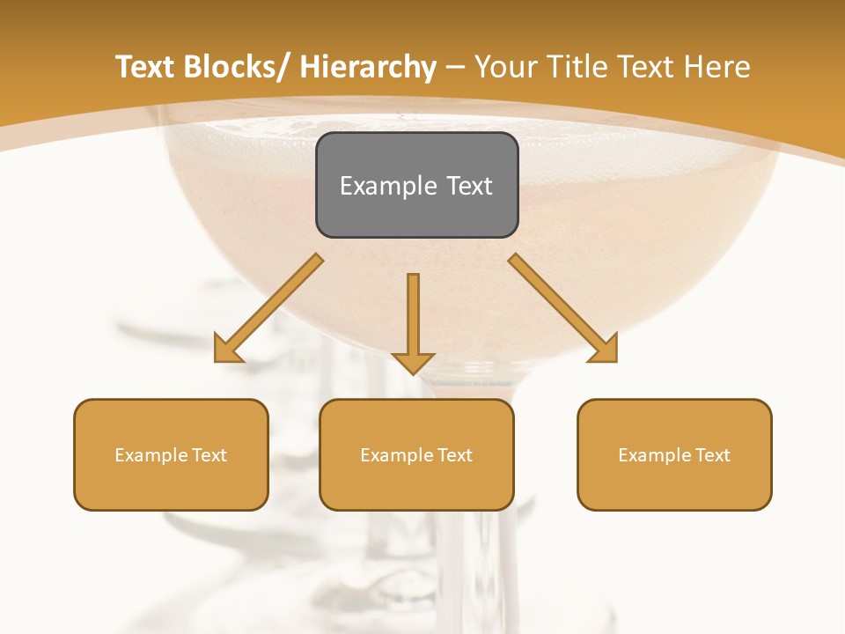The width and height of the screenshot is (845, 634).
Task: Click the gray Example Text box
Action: click(x=416, y=185)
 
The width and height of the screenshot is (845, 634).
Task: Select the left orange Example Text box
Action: click(x=171, y=454)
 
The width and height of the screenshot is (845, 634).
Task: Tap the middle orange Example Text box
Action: click(x=416, y=454)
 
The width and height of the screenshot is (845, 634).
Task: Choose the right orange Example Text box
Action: click(x=674, y=454)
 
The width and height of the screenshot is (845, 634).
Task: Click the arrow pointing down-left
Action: click(x=268, y=308)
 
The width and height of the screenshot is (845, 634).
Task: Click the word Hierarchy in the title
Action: click(x=368, y=67)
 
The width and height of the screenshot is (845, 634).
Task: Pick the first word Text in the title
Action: click(x=145, y=67)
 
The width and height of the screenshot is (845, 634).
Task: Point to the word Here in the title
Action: click(x=719, y=67)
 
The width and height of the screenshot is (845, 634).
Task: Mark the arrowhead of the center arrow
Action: click(x=414, y=362)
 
